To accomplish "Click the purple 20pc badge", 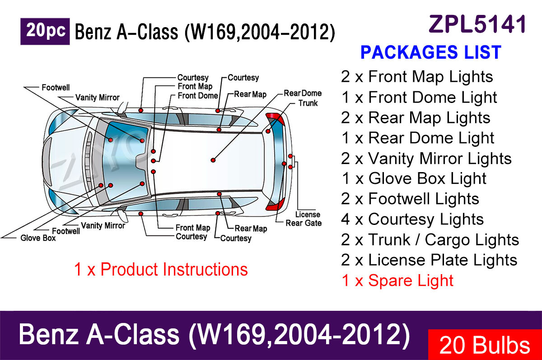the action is pos(45,32).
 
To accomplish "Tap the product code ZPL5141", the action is pos(477,24).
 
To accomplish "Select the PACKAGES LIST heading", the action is pos(431,52).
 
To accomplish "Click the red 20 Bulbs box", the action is pos(485,345).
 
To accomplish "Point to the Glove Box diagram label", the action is pos(38,238).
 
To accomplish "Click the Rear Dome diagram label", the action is pos(303,93).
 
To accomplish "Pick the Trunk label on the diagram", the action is pos(308,103).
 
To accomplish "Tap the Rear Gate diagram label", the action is pos(304,223).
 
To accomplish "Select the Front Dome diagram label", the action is pos(198,96).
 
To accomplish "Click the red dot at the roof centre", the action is pos(213,160).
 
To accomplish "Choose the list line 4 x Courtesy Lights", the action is pos(412,220).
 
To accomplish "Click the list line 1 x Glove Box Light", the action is pos(414,178).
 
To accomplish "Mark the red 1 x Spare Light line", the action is pos(397,281).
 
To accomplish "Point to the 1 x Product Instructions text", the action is pos(161,269).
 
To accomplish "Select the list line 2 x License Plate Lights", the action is pos(429,260).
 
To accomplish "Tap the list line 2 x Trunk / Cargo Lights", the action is pos(430,240).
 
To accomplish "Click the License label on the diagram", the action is pos(308,215).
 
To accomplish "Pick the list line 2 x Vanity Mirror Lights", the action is pos(426,159).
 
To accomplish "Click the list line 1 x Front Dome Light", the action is pos(419,98).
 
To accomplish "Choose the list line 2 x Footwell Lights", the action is pos(410,199).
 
